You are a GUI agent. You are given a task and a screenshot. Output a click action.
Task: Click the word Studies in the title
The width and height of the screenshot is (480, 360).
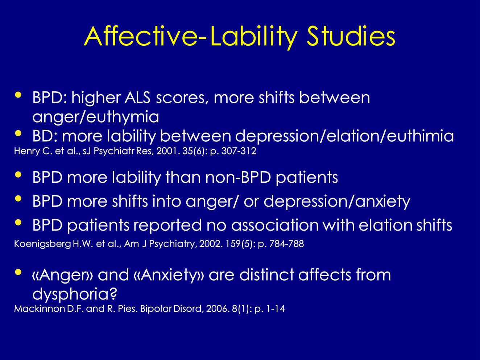click(351, 36)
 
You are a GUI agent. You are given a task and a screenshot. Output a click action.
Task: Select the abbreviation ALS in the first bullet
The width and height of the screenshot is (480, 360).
click(137, 98)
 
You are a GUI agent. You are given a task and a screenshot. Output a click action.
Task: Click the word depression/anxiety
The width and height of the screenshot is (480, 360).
click(337, 202)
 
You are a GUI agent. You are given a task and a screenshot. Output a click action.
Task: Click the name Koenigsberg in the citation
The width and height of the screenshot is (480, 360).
click(42, 244)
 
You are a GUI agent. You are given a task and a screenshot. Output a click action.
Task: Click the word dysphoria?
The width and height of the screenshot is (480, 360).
click(75, 294)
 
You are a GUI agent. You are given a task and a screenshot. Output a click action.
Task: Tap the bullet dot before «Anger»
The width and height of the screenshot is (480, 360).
click(18, 272)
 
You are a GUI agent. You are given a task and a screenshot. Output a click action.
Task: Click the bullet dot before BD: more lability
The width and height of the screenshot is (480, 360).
click(18, 133)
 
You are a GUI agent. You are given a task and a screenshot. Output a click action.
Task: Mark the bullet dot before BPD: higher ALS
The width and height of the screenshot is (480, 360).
click(18, 95)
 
